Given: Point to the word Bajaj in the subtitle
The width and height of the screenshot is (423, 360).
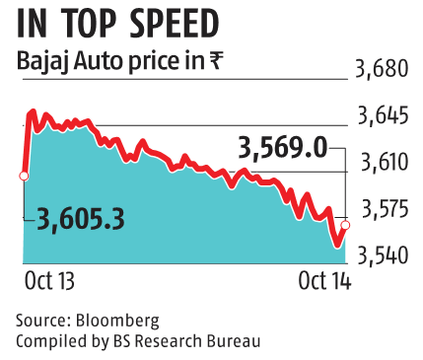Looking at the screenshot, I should click(42, 62).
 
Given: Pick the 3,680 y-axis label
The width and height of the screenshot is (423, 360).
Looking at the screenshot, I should click(381, 70).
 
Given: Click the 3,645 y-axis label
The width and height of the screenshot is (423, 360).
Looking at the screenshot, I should click(381, 117).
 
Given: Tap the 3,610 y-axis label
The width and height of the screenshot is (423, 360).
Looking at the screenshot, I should click(381, 163).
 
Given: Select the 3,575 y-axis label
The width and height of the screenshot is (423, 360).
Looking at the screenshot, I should click(381, 209).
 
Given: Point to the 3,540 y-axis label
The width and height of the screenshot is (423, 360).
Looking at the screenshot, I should click(381, 255).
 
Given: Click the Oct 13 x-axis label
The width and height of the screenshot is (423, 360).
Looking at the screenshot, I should click(49, 282).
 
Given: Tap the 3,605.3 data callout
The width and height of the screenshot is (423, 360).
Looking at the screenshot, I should click(81, 220).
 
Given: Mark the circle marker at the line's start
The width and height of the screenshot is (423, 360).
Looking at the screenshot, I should click(24, 176).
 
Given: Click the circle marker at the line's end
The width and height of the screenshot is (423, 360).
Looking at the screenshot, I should click(345, 226).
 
